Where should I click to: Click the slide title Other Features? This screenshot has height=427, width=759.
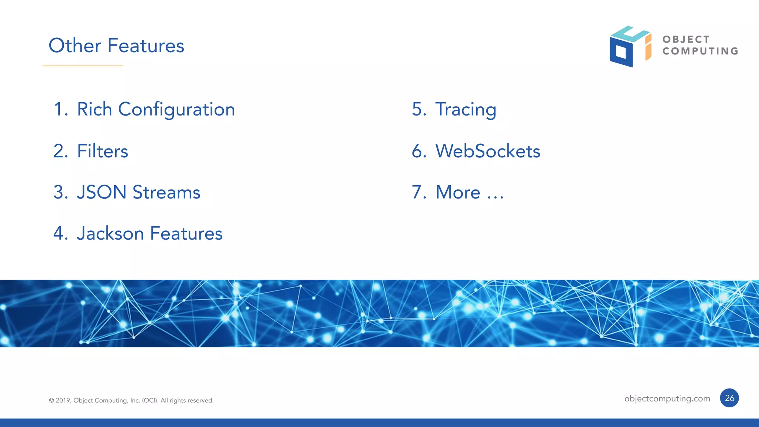click(116, 46)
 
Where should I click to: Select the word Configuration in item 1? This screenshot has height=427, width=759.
click(176, 110)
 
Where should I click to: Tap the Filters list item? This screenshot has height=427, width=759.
click(102, 151)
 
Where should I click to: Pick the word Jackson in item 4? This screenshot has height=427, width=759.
click(110, 233)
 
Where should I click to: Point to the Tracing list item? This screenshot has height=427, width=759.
click(465, 110)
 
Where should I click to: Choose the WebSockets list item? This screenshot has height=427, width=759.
click(488, 151)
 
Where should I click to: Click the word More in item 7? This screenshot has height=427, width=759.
click(458, 192)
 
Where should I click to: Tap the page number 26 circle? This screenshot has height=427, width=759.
click(729, 398)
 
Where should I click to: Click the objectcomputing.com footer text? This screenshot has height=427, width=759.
click(667, 398)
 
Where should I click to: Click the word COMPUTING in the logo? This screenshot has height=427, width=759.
click(700, 51)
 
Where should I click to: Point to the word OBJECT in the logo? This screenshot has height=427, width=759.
click(686, 39)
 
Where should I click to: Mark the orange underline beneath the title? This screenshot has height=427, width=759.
click(83, 66)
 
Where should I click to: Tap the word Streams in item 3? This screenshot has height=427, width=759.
click(166, 192)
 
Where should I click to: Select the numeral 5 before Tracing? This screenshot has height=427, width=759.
click(419, 110)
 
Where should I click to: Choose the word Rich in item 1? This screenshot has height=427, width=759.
click(95, 110)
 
